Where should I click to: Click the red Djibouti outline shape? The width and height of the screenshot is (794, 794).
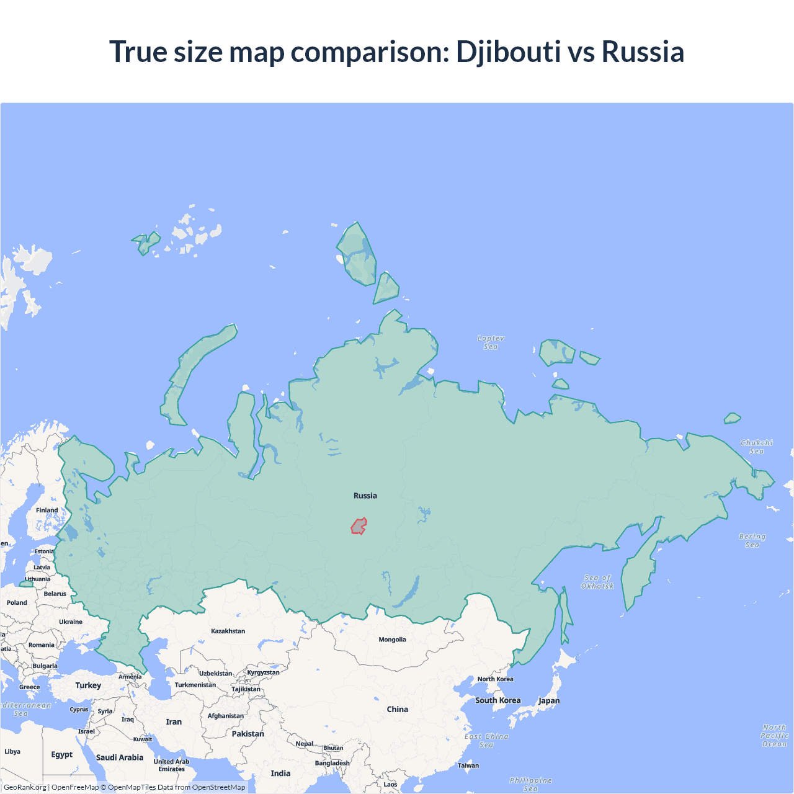(359, 527)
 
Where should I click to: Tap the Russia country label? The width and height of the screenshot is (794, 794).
(365, 496)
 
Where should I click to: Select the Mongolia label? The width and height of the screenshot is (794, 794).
(392, 640)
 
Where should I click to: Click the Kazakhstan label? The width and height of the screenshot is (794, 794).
(228, 631)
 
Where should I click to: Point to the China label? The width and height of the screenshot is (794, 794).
(398, 709)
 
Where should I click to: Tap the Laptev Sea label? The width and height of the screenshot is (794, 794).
(491, 342)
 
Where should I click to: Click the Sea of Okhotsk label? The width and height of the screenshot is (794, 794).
(597, 582)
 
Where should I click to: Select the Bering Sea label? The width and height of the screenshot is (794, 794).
(752, 540)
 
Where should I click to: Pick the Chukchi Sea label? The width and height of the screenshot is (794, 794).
(757, 447)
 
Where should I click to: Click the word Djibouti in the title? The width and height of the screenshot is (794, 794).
(509, 52)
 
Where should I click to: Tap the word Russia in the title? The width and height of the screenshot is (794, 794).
(643, 52)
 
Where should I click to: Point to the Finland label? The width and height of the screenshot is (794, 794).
(47, 511)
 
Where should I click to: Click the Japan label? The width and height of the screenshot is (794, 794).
(549, 701)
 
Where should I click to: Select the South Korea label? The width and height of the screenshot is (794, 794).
(498, 700)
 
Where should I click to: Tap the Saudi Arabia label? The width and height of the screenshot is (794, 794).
(120, 757)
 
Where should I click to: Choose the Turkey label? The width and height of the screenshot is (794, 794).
(88, 685)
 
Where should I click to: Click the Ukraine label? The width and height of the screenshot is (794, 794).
(71, 622)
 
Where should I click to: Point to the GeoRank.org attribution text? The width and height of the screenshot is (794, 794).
(25, 787)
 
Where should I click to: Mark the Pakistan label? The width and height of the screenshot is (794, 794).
(248, 734)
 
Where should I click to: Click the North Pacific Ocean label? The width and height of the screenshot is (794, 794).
(775, 736)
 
